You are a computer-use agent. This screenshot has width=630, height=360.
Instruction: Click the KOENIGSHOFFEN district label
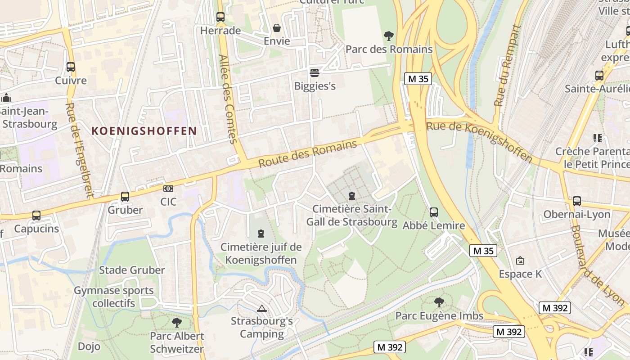point(144,131)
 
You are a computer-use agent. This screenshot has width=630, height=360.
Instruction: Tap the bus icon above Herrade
point(220,17)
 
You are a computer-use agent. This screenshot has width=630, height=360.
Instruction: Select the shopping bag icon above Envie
point(277,28)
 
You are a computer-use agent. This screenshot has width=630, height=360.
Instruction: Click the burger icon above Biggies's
point(315,72)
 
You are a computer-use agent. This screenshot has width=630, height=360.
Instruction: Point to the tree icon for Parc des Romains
point(388,36)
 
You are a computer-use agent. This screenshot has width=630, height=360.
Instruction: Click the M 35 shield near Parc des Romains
point(418,79)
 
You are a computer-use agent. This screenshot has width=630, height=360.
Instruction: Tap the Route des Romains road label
point(308,154)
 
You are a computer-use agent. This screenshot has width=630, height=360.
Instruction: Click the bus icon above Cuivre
point(71,67)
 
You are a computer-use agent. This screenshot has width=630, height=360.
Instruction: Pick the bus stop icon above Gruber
point(125,197)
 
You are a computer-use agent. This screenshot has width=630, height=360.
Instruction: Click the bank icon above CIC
point(168,188)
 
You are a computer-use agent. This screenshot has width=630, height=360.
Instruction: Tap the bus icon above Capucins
point(36,216)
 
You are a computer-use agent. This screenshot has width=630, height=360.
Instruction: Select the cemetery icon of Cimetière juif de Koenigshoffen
point(261,234)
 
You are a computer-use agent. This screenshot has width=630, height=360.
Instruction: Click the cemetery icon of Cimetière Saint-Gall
point(352,196)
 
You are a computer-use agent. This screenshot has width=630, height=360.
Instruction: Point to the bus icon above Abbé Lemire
point(434,212)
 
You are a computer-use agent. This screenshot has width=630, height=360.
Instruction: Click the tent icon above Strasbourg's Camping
point(262,308)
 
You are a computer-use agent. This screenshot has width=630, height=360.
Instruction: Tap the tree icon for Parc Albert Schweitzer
point(177,322)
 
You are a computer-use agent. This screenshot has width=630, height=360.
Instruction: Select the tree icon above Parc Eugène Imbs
point(439,302)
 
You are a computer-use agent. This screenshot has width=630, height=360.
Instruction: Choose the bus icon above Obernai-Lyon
point(577,201)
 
